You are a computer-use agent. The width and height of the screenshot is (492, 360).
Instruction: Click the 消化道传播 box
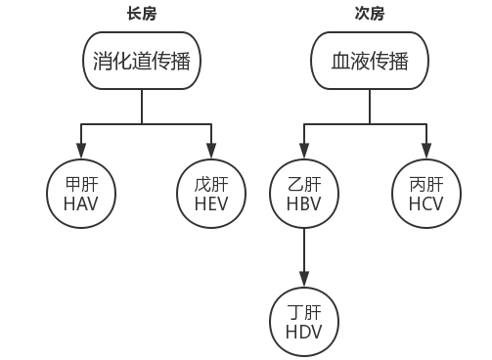pos(143,64)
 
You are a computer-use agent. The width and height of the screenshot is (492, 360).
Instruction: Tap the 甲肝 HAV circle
pos(80,194)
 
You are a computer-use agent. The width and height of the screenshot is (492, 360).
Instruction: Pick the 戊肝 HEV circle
pos(211,194)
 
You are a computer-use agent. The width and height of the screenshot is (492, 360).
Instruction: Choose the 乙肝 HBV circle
pos(303,194)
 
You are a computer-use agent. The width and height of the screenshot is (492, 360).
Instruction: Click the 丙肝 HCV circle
pos(425,194)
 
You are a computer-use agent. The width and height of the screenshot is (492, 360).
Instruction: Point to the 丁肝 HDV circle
pos(303,322)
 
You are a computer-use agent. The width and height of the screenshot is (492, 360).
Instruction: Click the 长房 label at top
pos(141,14)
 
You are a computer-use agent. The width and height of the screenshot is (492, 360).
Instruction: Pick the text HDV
pos(303,333)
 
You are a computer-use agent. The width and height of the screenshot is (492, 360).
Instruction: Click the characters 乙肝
pos(303,184)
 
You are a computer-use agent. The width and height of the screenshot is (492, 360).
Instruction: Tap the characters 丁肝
pos(303,312)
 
